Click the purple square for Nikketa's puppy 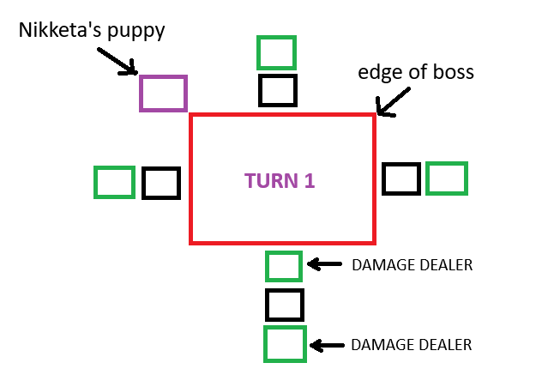(140, 94)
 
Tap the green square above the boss (258, 53)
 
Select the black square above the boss (260, 90)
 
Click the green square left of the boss (95, 182)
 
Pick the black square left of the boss (143, 183)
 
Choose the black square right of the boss (383, 178)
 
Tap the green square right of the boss (427, 178)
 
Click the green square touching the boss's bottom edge (267, 266)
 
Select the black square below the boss (267, 305)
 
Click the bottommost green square (265, 344)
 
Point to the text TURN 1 (280, 181)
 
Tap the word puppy (136, 32)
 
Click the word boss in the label (454, 72)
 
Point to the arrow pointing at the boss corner (393, 102)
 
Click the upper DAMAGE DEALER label (412, 265)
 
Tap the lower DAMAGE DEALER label (412, 345)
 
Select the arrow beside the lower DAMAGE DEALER (327, 346)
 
